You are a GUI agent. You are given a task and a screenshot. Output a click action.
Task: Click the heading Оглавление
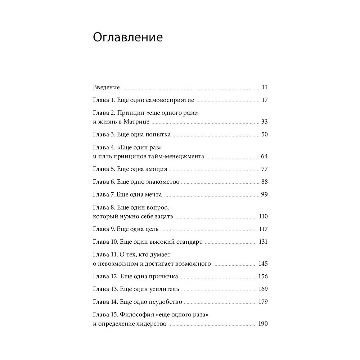tap(128, 37)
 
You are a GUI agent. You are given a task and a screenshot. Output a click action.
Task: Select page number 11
tap(265, 87)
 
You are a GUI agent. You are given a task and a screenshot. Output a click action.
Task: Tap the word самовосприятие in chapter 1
tap(172, 100)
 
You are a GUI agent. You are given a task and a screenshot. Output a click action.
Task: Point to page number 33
tap(265, 122)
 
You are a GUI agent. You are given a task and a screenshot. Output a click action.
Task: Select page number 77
tap(265, 169)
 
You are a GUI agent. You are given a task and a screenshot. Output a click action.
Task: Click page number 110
tap(263, 216)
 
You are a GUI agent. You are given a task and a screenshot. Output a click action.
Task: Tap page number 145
tap(263, 264)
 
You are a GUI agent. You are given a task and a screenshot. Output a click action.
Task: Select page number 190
tap(263, 324)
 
